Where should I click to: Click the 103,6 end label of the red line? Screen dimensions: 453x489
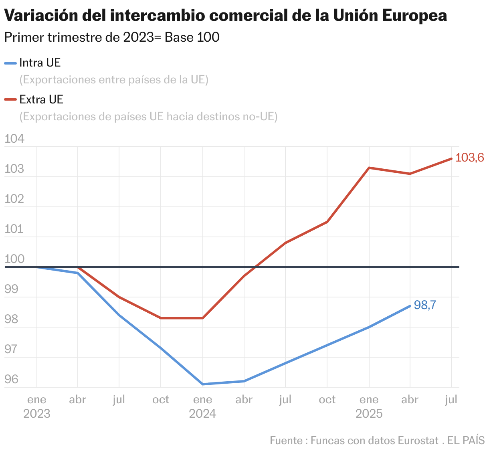[470, 158]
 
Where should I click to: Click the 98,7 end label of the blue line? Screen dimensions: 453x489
[424, 305]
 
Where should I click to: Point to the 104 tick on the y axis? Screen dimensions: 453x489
[14, 139]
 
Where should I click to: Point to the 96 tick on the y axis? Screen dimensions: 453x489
[11, 379]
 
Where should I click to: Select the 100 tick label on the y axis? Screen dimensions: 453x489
[14, 259]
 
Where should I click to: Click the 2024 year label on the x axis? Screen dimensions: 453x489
[202, 413]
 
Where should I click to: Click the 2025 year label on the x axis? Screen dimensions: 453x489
[369, 413]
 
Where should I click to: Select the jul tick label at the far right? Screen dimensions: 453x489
[451, 400]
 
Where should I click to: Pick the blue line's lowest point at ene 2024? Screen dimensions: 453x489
[203, 384]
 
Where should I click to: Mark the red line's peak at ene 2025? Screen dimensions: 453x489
[369, 168]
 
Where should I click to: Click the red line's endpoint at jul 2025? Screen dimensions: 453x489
[451, 159]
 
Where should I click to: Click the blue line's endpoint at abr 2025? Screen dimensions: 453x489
[410, 306]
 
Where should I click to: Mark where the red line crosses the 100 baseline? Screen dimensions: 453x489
[254, 267]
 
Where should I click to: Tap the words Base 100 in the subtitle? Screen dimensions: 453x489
[192, 37]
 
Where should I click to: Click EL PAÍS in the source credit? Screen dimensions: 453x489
[466, 440]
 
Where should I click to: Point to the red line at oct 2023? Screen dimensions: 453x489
[161, 318]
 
